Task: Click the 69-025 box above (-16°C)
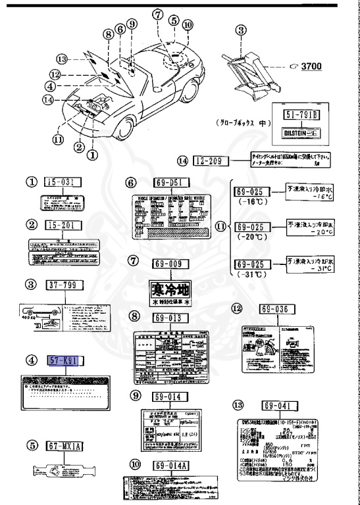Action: point(253,191)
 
